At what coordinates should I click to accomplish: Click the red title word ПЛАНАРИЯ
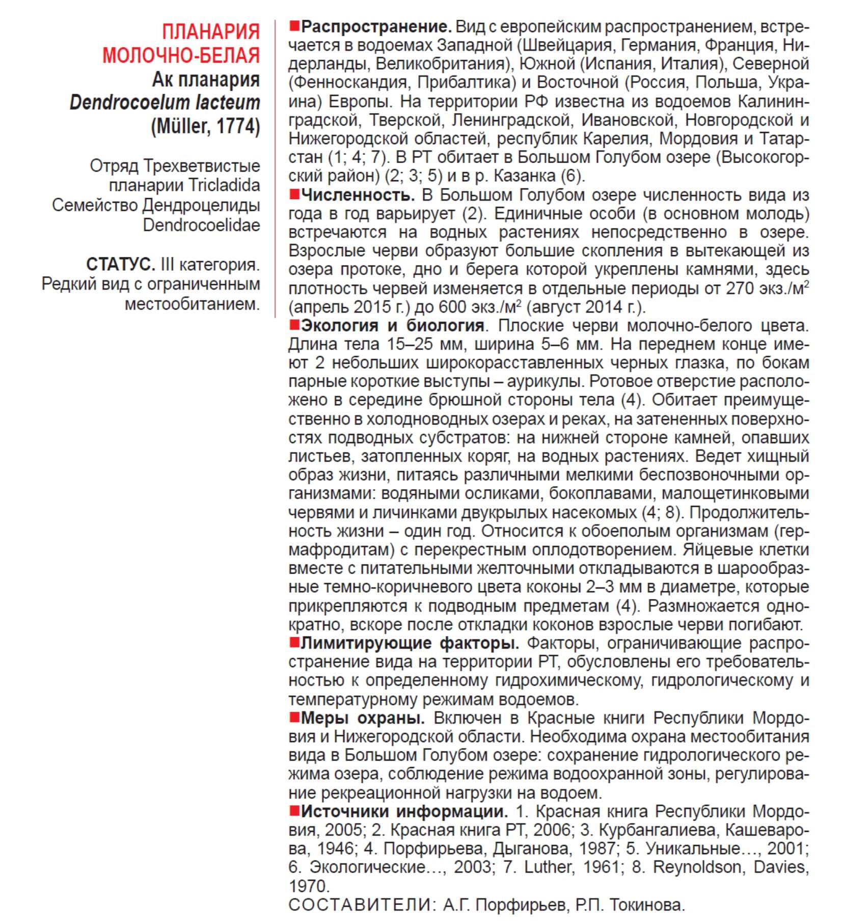[210, 32]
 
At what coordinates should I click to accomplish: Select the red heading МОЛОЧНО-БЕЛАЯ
[181, 55]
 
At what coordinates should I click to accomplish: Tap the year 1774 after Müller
[238, 126]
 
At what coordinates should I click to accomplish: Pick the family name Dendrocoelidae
[201, 225]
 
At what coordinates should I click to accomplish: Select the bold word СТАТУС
[120, 264]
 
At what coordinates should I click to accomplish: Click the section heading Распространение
[376, 26]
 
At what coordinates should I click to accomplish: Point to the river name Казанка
[529, 176]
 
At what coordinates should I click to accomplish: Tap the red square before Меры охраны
[294, 718]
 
